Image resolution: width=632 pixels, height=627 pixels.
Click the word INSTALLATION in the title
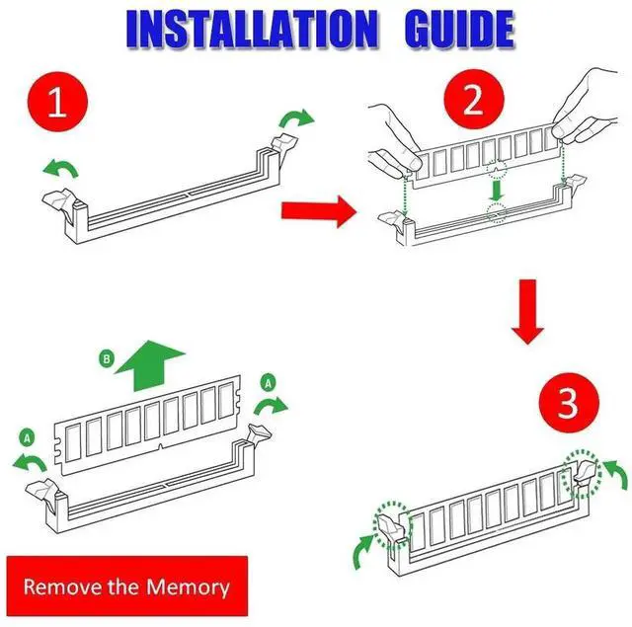pos(253,29)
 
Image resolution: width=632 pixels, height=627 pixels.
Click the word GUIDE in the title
pos(459,29)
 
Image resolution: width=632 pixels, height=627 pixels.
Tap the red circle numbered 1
pos(57,102)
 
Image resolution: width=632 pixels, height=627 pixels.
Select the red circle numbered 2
pos(474,99)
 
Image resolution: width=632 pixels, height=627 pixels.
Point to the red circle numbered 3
pos(569,403)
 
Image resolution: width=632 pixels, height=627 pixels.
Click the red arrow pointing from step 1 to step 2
pos(319,211)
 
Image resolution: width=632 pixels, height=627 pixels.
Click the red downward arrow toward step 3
pos(527,311)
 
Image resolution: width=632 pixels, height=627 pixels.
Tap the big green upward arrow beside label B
pos(149,365)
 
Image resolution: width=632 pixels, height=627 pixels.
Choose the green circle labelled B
pos(107,358)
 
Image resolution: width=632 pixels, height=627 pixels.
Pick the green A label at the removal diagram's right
pos(269,382)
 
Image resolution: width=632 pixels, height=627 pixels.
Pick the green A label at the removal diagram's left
pos(27,437)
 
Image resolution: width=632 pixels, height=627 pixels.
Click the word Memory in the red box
pos(188,588)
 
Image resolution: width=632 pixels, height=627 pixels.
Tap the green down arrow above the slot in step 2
pos(496,191)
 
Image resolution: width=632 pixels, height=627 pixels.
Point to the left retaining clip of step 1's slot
pos(60,200)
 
